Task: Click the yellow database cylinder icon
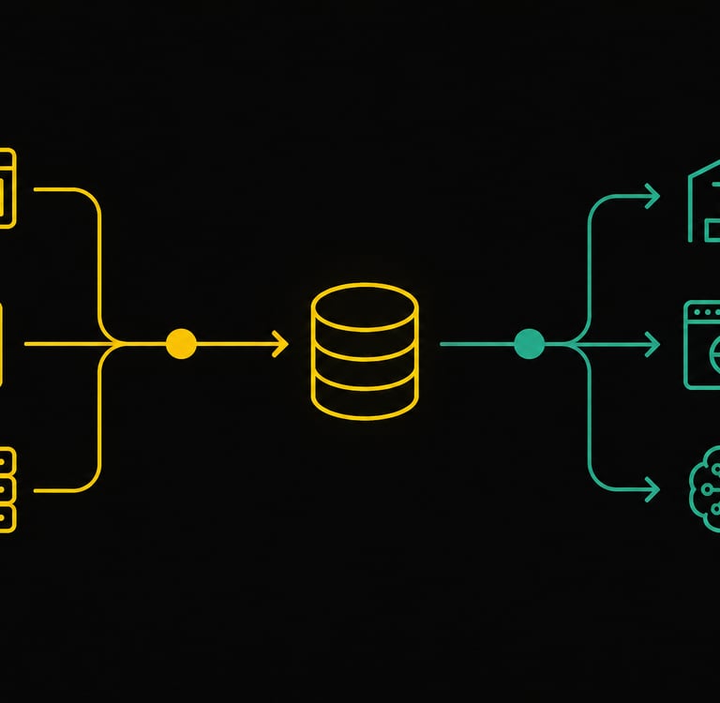[x=364, y=351]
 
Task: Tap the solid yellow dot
[x=181, y=344]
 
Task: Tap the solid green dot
[x=529, y=344]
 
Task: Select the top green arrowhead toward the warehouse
[x=653, y=197]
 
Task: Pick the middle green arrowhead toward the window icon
[x=653, y=345]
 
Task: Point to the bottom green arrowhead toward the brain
[x=653, y=488]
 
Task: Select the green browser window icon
[x=702, y=344]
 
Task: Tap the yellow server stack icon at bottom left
[x=7, y=489]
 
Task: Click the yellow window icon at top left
[x=7, y=187]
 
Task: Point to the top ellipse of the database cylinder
[x=364, y=308]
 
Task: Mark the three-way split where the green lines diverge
[x=581, y=344]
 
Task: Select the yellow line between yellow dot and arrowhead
[x=234, y=344]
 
